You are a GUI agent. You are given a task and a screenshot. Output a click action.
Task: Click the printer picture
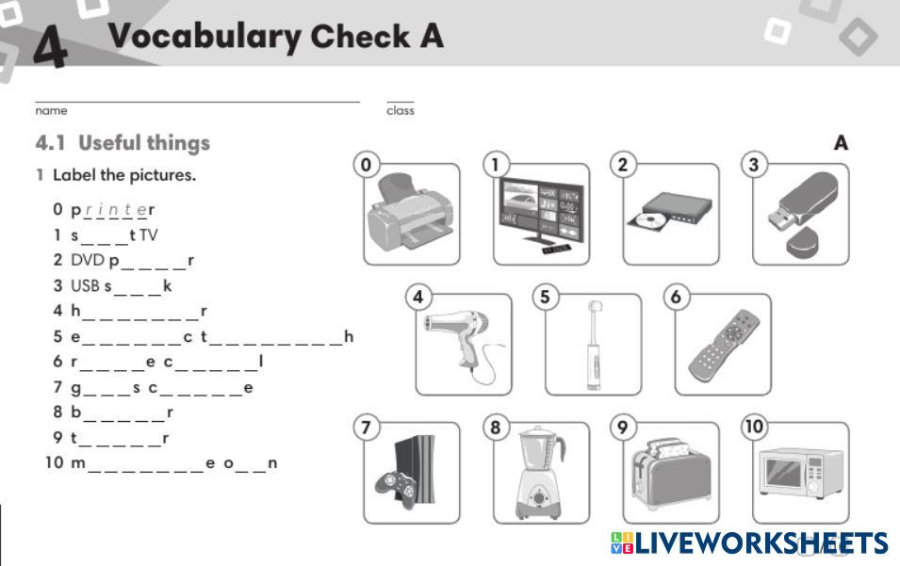coord(411,211)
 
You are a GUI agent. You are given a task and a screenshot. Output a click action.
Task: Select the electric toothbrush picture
coord(594,346)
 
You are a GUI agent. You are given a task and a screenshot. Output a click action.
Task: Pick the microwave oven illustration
coord(801,472)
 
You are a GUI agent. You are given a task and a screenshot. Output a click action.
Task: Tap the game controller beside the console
coord(396,488)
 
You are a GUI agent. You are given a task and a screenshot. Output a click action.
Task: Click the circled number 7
coord(367,428)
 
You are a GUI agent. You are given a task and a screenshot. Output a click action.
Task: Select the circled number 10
coord(754,426)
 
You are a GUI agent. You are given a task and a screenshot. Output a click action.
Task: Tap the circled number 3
coord(754,165)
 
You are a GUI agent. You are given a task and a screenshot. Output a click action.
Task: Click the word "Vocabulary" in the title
coord(205,37)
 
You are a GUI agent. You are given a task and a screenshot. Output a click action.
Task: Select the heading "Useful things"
coord(144,143)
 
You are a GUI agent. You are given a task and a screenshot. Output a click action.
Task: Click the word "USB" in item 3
coord(85,285)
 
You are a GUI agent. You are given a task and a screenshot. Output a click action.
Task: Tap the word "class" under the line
coord(401,110)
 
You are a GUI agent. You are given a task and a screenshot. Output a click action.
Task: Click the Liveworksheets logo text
coord(761,543)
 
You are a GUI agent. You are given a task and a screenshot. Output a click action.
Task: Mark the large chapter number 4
coord(51,46)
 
